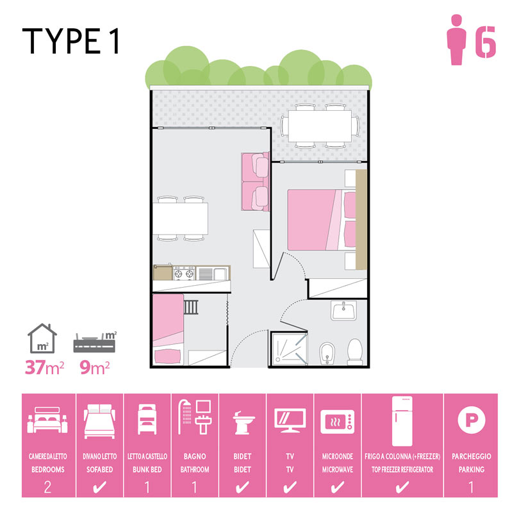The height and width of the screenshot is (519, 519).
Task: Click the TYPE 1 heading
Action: coord(71,41)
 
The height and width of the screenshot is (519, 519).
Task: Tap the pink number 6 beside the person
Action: coord(486,42)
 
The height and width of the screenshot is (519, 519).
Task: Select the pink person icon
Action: coord(456,39)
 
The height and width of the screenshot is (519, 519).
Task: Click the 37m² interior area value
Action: coord(44,367)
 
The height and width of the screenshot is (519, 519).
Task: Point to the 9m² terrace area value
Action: coord(94,367)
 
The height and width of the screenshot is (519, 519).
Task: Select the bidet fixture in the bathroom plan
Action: coord(327,354)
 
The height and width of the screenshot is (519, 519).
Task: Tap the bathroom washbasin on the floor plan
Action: coord(343,311)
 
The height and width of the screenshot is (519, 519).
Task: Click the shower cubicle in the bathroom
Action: coord(289,349)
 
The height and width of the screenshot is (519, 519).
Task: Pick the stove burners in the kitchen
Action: coord(184,274)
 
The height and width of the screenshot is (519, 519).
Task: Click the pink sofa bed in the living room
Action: coord(255,181)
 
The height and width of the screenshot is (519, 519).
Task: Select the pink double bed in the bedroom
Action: coord(322,220)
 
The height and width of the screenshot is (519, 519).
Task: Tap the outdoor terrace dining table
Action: coord(320,126)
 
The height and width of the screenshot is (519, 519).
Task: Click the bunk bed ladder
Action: coord(191,307)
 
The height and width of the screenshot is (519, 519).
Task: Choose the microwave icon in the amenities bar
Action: coord(337,422)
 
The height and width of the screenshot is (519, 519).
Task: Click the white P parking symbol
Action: coord(472,420)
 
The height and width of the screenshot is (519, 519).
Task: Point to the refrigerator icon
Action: coord(402,421)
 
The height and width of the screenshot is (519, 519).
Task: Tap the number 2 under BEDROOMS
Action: coord(47,487)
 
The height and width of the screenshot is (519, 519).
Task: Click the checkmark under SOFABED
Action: coord(99,487)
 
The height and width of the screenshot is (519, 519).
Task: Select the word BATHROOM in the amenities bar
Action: coord(195,470)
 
